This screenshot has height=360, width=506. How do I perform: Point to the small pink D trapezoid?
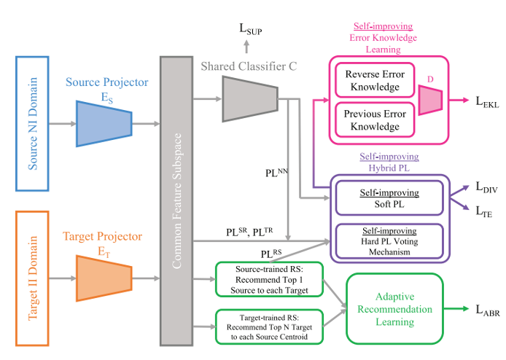coord(431,99)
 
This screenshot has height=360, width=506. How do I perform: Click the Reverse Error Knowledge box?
coord(372,82)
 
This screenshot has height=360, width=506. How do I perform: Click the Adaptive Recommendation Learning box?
coord(394,308)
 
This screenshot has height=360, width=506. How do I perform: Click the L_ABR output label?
coord(483,311)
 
